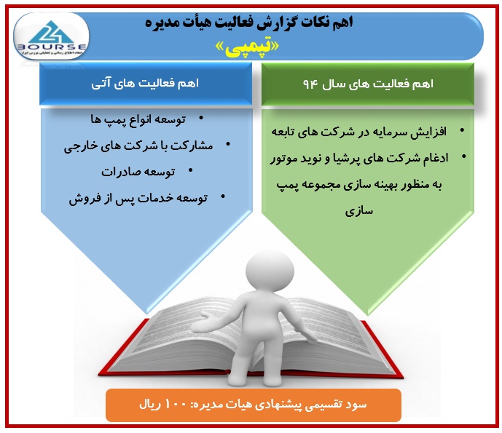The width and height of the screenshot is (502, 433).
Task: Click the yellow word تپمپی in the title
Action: coord(247,47)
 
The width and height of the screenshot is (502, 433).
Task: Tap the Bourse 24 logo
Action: coord(51,37)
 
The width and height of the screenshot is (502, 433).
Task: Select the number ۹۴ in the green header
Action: coord(310,84)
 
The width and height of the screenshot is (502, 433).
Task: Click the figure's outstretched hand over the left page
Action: coord(201,324)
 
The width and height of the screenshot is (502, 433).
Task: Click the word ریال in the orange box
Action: coord(150,405)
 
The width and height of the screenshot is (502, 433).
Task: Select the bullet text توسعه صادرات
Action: coord(138,172)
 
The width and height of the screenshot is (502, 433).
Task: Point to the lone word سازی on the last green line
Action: coord(359,211)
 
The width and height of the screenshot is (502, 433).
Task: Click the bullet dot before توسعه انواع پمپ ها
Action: coord(201,119)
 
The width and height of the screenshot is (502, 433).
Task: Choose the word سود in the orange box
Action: coord(358,405)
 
